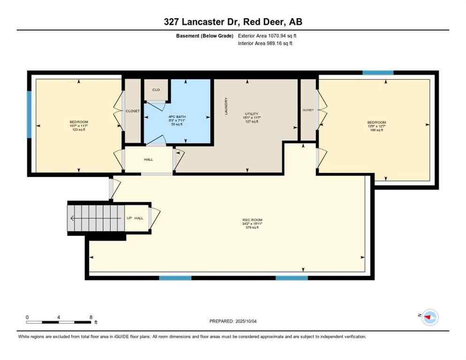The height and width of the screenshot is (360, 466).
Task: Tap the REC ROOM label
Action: (x=252, y=220)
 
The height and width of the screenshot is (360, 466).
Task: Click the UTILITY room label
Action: (x=251, y=113)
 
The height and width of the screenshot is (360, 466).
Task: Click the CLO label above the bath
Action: (x=156, y=90)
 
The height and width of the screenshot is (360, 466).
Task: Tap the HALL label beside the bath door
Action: (x=149, y=159)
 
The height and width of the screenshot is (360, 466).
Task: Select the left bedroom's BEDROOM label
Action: (x=79, y=122)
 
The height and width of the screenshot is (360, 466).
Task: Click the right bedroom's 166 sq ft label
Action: (x=376, y=130)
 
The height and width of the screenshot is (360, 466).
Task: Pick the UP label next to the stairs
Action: (x=129, y=218)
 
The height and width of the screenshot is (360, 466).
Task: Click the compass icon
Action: (x=429, y=317)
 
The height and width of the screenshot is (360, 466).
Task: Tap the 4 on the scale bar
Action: (x=59, y=317)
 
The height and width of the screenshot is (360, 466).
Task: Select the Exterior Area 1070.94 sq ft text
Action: (x=267, y=36)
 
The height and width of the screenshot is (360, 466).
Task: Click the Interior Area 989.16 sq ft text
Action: (x=266, y=44)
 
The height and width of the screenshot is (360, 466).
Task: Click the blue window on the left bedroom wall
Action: (x=29, y=114)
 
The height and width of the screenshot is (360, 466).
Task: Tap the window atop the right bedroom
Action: (x=378, y=73)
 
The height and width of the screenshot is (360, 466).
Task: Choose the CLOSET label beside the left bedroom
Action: (x=133, y=111)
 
